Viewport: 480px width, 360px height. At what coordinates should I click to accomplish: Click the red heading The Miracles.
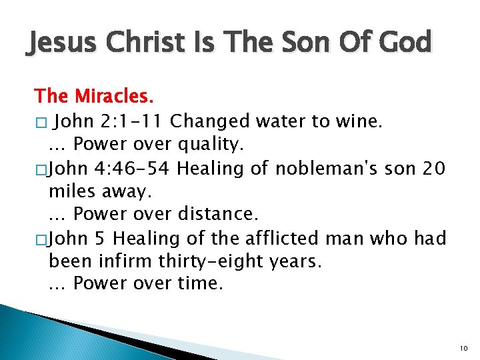point(94,97)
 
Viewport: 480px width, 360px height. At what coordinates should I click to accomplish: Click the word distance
point(215,215)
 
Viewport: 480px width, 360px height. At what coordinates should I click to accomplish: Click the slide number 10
point(464,349)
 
